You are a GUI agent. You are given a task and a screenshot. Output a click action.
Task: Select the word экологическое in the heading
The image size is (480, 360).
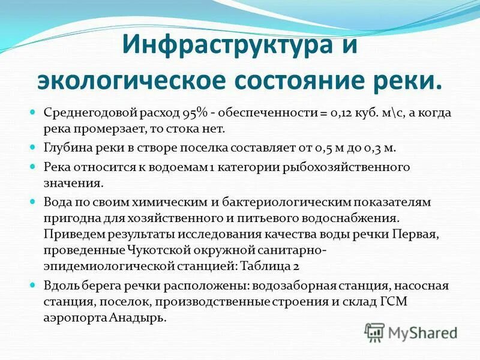click(128, 81)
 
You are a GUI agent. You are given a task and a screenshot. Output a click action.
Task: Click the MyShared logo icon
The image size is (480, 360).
click(375, 332)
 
